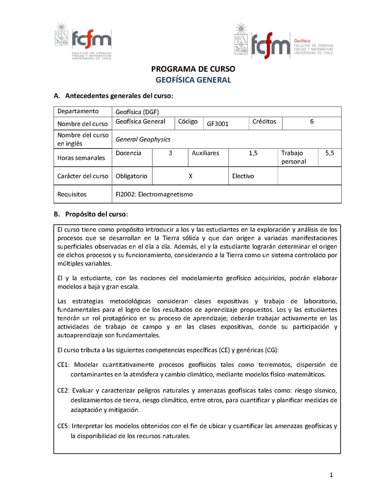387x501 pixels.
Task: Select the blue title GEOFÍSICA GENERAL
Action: tap(193, 80)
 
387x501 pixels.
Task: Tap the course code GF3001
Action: tap(218, 124)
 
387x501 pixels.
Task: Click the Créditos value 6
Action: tap(312, 121)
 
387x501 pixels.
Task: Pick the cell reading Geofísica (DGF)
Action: tap(137, 112)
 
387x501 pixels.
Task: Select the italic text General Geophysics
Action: tap(143, 139)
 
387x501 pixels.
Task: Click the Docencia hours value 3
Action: tap(170, 153)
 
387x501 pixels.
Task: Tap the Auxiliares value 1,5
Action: tap(253, 153)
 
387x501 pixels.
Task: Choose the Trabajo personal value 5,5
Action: tap(329, 153)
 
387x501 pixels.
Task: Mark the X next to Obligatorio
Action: tap(191, 176)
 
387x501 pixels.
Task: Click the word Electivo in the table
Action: tap(243, 176)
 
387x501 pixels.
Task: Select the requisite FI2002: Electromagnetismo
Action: tap(154, 194)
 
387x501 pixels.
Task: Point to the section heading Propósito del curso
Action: tap(96, 214)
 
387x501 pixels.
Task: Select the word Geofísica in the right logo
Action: tap(302, 41)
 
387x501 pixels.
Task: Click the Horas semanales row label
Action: tap(81, 158)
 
